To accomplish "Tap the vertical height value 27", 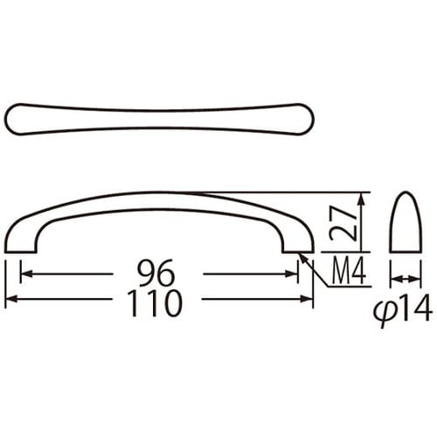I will [x=343, y=223].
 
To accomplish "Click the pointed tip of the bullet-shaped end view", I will [x=404, y=193].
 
